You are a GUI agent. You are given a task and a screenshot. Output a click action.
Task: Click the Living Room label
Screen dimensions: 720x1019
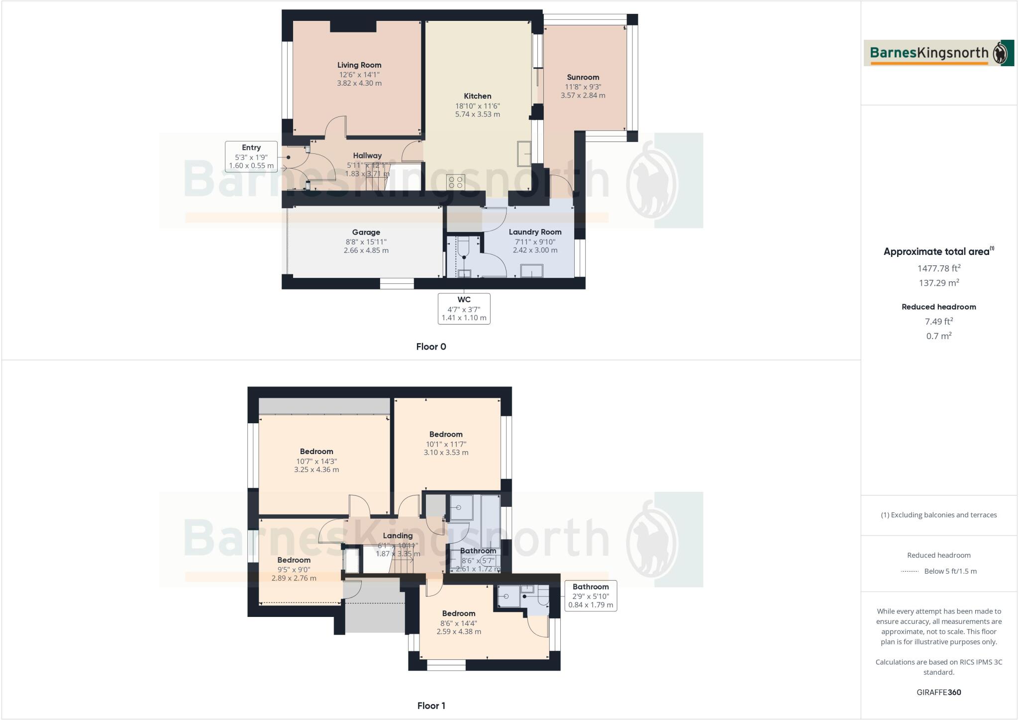tap(359, 65)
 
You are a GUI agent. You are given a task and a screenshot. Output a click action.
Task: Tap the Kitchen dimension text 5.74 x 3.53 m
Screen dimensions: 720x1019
tap(477, 115)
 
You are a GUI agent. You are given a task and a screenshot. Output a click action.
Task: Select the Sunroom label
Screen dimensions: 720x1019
tap(583, 78)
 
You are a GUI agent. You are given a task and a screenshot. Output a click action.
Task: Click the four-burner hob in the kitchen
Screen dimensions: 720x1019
tap(456, 182)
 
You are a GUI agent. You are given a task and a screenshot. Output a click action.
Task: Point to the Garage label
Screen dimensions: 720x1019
tap(366, 233)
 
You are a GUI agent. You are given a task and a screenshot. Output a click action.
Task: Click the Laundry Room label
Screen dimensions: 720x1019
tap(535, 232)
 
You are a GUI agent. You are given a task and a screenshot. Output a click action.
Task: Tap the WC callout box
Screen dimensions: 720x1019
tap(464, 309)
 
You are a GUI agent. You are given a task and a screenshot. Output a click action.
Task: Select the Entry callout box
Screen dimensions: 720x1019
tap(251, 157)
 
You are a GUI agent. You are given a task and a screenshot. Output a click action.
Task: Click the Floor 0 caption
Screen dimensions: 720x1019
tap(431, 347)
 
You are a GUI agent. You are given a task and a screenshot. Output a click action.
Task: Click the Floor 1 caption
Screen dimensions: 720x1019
tap(431, 706)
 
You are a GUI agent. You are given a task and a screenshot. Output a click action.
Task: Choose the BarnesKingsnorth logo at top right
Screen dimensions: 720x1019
tap(938, 53)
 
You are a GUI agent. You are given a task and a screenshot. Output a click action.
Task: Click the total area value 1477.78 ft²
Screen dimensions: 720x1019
tap(938, 268)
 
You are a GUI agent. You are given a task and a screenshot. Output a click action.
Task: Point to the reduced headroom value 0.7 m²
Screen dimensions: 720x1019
tap(938, 336)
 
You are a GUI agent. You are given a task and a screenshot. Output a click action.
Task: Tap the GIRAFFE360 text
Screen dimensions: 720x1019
tap(938, 693)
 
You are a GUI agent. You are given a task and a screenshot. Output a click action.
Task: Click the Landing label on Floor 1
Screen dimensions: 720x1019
tap(398, 536)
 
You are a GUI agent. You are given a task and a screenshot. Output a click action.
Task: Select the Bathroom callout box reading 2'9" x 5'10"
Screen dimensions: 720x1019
tap(590, 596)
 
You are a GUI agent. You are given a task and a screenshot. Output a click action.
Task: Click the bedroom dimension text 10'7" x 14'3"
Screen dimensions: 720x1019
tap(316, 462)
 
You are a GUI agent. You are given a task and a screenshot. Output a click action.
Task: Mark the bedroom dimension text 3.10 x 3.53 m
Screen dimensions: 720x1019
tap(446, 453)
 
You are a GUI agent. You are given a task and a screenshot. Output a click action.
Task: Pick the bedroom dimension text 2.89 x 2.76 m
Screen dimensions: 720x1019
tap(294, 579)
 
